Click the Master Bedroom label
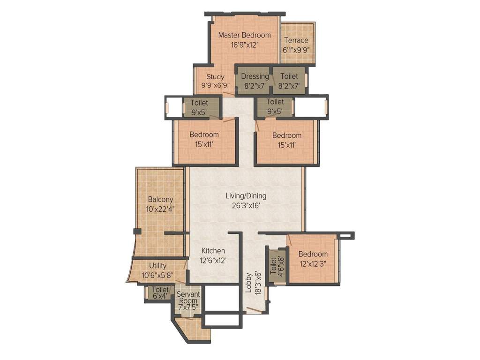click(244, 35)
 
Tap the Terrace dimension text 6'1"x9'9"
click(296, 49)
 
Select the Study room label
click(216, 77)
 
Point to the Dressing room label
click(255, 76)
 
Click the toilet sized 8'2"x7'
click(289, 81)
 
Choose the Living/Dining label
click(246, 196)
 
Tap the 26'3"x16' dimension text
click(246, 205)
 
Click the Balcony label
click(160, 199)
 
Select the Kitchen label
click(213, 251)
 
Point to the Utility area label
click(157, 266)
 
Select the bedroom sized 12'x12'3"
click(313, 259)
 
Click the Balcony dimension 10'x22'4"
click(161, 209)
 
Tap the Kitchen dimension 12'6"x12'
click(213, 260)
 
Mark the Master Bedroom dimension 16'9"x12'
click(244, 45)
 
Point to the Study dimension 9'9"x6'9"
click(216, 86)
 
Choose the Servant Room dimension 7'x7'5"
click(188, 307)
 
